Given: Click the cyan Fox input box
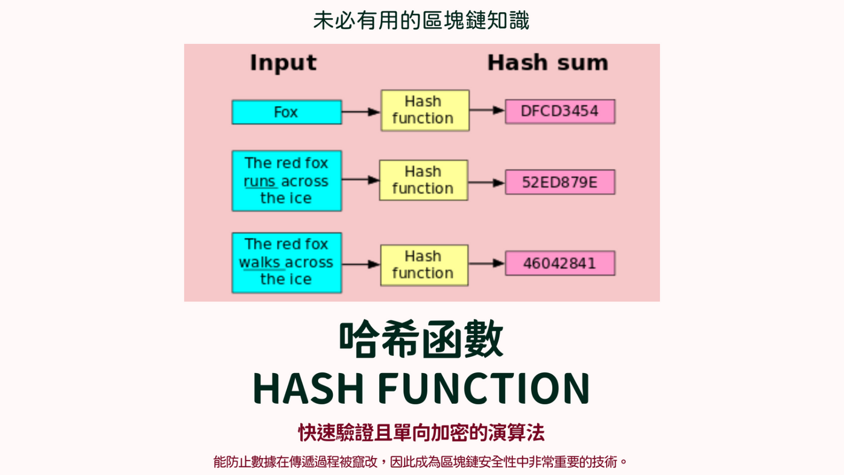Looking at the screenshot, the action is coord(287,112).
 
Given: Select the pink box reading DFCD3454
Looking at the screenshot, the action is coord(560,111).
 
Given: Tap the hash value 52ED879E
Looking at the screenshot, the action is coord(559,182).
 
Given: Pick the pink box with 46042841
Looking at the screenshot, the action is coord(560,263).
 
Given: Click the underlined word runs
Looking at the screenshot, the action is coord(260,181).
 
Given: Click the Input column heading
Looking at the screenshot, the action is coord(283,63).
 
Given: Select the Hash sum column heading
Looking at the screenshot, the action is coord(548,63).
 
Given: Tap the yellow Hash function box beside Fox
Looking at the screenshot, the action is coord(425,110).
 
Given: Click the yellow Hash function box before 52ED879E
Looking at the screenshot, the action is coord(423,180).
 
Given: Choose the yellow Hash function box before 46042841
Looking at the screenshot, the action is coord(424,265).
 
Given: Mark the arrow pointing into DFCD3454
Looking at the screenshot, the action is coord(487,110).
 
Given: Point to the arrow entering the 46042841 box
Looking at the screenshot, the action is coord(487,263).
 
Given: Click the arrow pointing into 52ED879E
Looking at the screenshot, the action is coord(487,183).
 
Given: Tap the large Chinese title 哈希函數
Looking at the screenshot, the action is coord(421,339).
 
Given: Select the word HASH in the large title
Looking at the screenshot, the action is coord(308,388).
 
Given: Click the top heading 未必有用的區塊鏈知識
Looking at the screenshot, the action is coord(421,20).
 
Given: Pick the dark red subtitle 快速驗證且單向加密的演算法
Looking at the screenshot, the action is coord(421,432).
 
